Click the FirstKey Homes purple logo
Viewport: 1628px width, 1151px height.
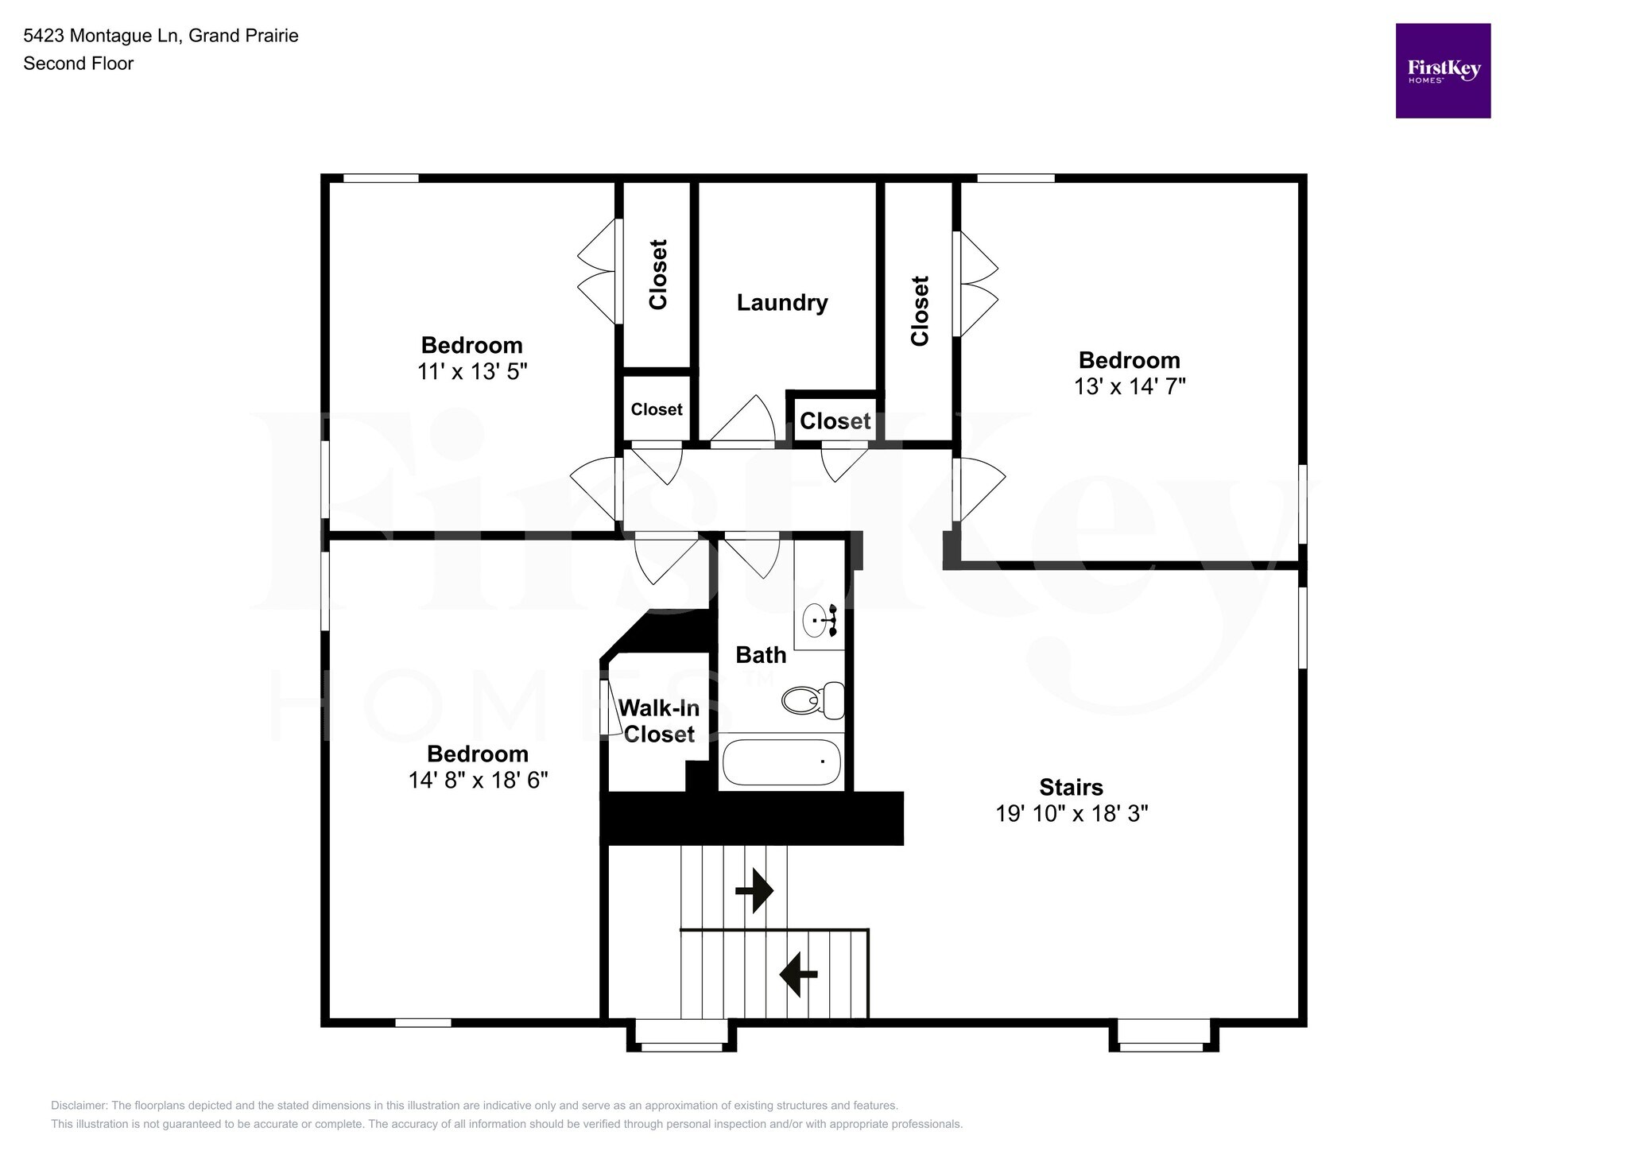[x=1442, y=71]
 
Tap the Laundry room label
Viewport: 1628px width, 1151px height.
[x=781, y=303]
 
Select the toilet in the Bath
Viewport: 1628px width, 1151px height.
[x=812, y=700]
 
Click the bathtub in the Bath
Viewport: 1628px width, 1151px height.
[x=781, y=762]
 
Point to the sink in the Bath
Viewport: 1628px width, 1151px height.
[x=816, y=620]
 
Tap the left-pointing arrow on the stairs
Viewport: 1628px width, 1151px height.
[x=798, y=974]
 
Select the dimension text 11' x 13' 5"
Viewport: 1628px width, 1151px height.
[x=472, y=371]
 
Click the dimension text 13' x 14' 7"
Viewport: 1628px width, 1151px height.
[x=1129, y=386]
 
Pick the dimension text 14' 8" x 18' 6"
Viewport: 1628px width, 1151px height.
[x=478, y=780]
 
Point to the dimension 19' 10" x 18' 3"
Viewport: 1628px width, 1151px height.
[x=1071, y=813]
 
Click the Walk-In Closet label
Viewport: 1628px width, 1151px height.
[x=658, y=721]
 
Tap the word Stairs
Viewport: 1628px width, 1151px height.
[x=1071, y=787]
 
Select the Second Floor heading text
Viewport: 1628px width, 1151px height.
[x=78, y=64]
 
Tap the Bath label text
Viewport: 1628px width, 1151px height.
[x=760, y=655]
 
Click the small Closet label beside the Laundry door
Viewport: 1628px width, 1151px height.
[x=835, y=421]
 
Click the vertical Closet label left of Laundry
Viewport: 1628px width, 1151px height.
[x=657, y=274]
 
